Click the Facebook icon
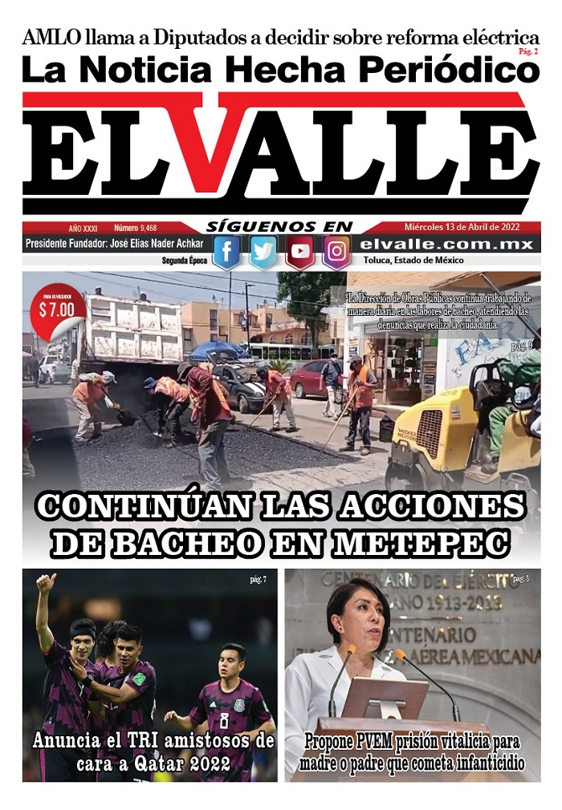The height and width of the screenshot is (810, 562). pos(226,252)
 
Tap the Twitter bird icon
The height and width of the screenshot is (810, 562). pos(263,252)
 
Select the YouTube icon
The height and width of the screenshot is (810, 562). pos(300,252)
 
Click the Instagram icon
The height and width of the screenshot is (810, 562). pos(337,252)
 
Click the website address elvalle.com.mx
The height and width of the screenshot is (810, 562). pos(447,244)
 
